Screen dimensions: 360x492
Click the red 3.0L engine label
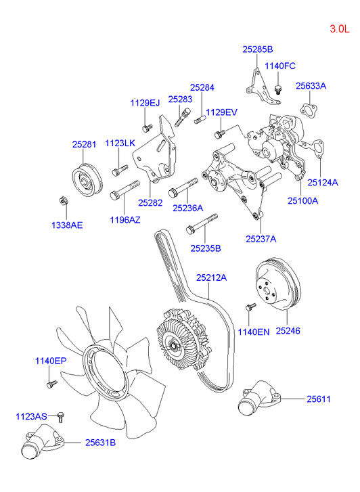click(x=339, y=29)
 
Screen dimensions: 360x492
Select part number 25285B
click(x=258, y=49)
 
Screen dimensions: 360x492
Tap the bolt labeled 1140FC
click(x=277, y=89)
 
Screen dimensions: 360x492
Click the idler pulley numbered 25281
click(x=87, y=180)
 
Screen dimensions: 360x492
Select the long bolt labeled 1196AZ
click(x=125, y=190)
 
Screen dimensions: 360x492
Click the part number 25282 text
click(x=150, y=203)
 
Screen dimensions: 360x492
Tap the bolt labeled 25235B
click(x=202, y=224)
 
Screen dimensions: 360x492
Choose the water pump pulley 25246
click(x=278, y=284)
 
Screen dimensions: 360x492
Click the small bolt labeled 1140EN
click(x=251, y=307)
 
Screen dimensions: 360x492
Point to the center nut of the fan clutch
click(x=173, y=346)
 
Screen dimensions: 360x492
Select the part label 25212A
click(x=212, y=277)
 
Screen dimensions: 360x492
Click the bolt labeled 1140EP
click(x=51, y=384)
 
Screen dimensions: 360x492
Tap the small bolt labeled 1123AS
click(x=61, y=418)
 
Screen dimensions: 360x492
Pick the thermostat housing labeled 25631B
click(x=42, y=441)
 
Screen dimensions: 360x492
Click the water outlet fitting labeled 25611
click(x=259, y=397)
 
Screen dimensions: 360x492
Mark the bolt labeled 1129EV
click(x=219, y=134)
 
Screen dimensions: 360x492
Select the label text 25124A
click(x=323, y=182)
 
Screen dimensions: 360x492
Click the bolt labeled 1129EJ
click(x=147, y=127)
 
